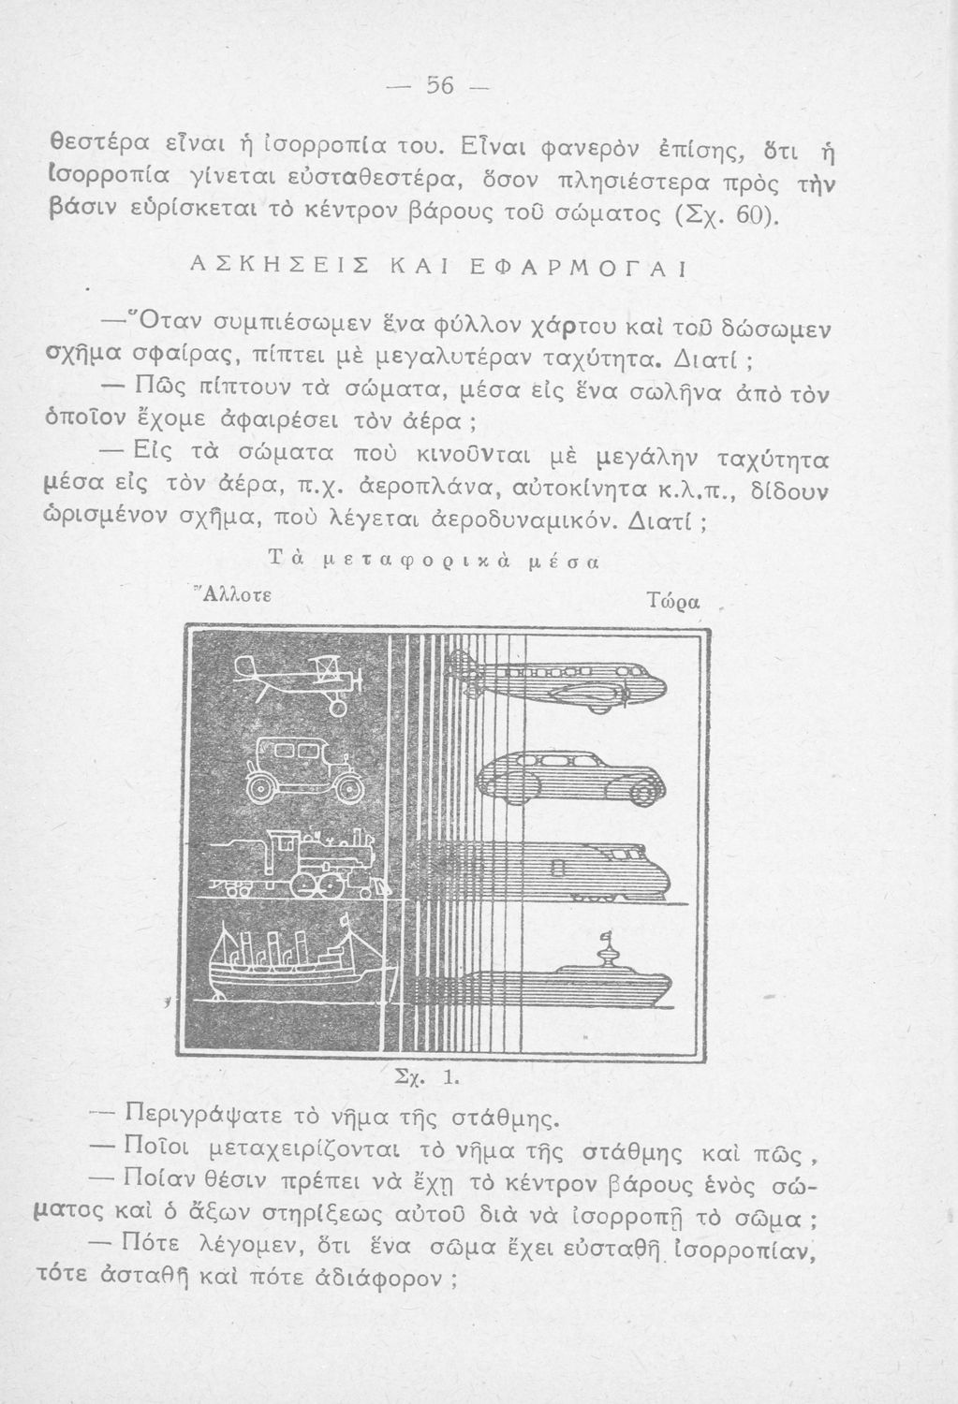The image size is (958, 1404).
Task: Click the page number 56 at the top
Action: pyautogui.click(x=439, y=86)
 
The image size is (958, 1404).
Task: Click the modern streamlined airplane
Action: pyautogui.click(x=562, y=680)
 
